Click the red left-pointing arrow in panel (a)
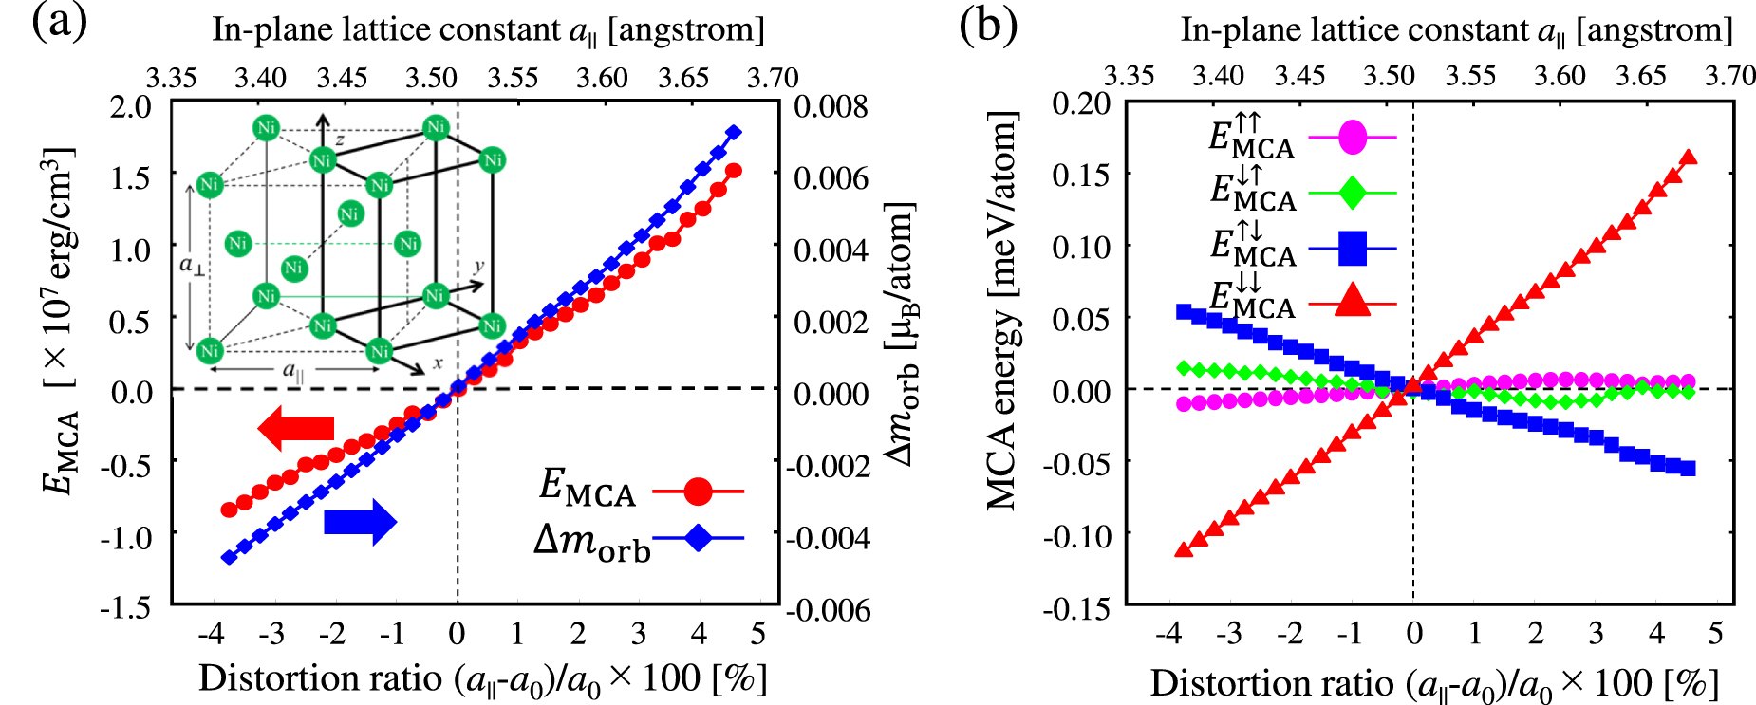[295, 428]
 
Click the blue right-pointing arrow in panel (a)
[360, 522]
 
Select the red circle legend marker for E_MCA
[698, 492]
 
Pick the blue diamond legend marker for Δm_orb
[698, 538]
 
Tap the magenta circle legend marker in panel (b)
[1353, 138]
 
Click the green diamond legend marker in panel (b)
[1353, 193]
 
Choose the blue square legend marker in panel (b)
[1353, 250]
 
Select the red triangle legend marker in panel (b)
[1353, 303]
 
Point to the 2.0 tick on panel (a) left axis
[131, 106]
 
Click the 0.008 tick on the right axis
[831, 106]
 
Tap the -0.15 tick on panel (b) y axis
[1076, 608]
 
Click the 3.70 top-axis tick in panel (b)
[1729, 76]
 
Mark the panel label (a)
[59, 23]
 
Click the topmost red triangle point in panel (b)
[1689, 158]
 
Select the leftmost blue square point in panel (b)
[1184, 311]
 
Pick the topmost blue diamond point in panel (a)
[733, 133]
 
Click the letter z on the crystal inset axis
[339, 140]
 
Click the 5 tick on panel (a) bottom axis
[757, 633]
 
